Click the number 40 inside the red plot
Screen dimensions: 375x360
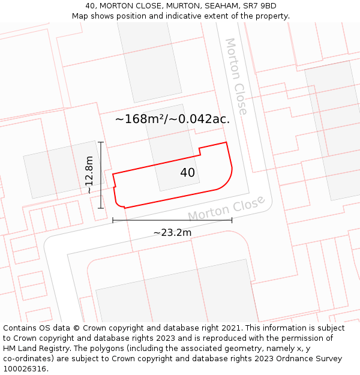click(187, 173)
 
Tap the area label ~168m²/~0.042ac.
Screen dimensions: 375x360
click(172, 119)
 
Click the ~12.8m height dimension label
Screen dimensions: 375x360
click(89, 175)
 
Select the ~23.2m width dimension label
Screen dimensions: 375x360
click(172, 232)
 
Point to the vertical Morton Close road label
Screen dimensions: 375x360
click(236, 76)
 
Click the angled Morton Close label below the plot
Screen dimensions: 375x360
click(226, 208)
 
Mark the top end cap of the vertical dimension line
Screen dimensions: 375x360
click(101, 142)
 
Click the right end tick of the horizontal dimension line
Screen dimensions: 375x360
click(232, 220)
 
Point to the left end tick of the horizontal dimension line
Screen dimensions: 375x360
click(113, 220)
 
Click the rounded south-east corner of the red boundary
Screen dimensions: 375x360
click(227, 182)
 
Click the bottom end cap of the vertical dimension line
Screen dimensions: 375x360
click(101, 208)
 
